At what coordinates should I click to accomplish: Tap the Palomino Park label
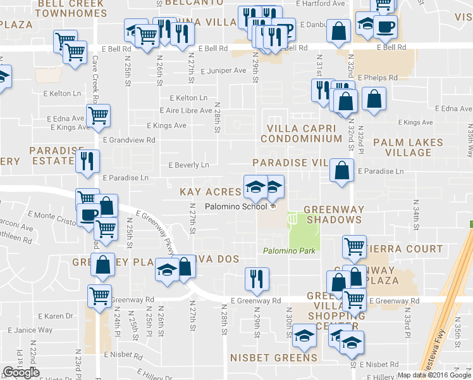289,251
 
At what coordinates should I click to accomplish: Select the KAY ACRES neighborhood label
210,191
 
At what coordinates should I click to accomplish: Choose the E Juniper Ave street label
223,71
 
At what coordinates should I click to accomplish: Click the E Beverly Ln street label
188,165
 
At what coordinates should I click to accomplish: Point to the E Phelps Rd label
377,78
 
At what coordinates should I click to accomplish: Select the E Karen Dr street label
56,316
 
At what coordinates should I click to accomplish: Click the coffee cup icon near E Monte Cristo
89,215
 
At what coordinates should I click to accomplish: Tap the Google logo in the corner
21,372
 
